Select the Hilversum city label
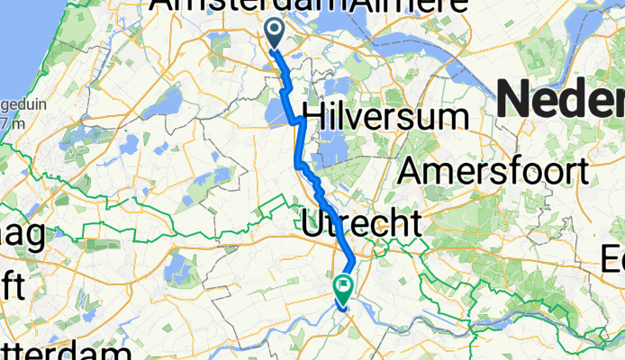tap(386, 115)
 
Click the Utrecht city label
tap(360, 222)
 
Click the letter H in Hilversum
tap(316, 115)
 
